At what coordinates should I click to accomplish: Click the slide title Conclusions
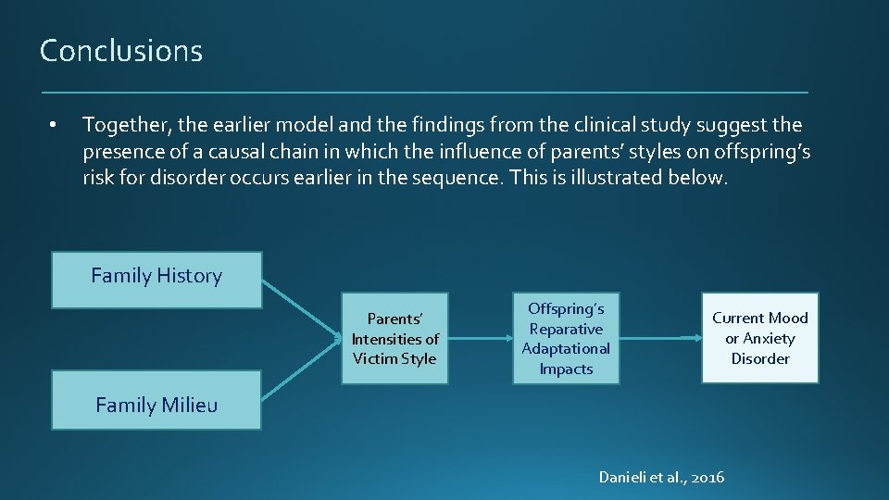(121, 51)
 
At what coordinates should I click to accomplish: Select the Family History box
(157, 279)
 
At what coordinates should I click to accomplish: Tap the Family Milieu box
(157, 401)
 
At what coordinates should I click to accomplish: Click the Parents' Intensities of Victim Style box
(394, 339)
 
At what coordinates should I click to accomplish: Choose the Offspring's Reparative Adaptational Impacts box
(566, 338)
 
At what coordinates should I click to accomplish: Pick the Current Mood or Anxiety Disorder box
(759, 338)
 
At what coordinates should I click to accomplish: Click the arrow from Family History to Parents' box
(301, 307)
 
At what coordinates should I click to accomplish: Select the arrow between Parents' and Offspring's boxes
(480, 339)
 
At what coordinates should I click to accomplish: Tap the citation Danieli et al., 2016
(661, 477)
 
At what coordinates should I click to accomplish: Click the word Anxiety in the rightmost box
(769, 338)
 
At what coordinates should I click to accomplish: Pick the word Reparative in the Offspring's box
(566, 329)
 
